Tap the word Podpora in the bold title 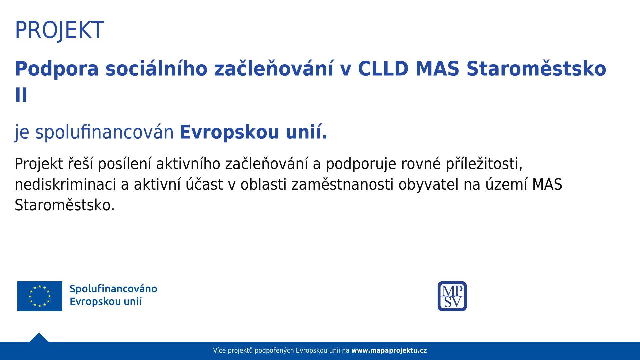point(57,69)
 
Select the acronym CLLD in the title point(383,69)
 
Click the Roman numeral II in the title point(21,95)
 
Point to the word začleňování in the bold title point(274,69)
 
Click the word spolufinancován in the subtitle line point(104,132)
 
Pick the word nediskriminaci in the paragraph point(65,184)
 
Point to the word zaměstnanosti point(343,184)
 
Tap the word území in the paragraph point(506,184)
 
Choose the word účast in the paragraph point(204,184)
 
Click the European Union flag point(40,296)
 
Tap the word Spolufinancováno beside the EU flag point(113,289)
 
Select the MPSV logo point(452,296)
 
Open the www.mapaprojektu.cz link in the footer point(389,351)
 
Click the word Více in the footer point(220,351)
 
